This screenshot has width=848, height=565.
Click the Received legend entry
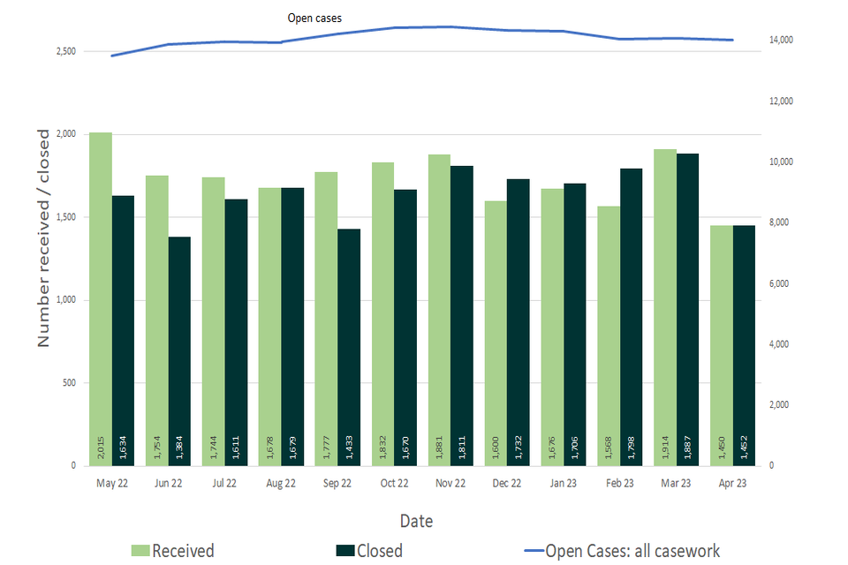click(x=173, y=551)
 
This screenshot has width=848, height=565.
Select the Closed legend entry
click(x=369, y=551)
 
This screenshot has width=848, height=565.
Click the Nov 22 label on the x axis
click(x=450, y=484)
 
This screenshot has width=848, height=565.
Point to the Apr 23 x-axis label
click(x=732, y=484)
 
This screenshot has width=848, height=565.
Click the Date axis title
click(x=416, y=521)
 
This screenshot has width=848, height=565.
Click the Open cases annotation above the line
click(x=314, y=18)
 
